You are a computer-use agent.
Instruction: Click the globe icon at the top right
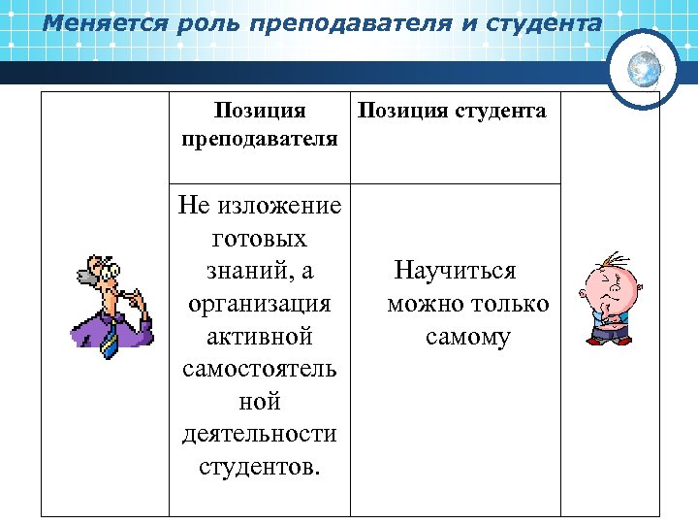tap(644, 68)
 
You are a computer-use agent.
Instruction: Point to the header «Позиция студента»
tap(453, 111)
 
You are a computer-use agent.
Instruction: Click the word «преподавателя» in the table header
tap(259, 138)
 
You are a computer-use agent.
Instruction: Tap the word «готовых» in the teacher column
tap(259, 238)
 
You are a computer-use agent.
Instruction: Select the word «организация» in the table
tap(259, 303)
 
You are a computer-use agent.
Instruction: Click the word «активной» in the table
tap(259, 336)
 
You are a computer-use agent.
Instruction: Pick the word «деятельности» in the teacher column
tap(259, 434)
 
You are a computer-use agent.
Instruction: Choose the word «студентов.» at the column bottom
tap(259, 467)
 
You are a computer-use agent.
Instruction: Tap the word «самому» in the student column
tap(467, 336)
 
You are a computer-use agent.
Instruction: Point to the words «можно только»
tap(467, 303)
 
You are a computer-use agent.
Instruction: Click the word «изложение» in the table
tap(280, 205)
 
